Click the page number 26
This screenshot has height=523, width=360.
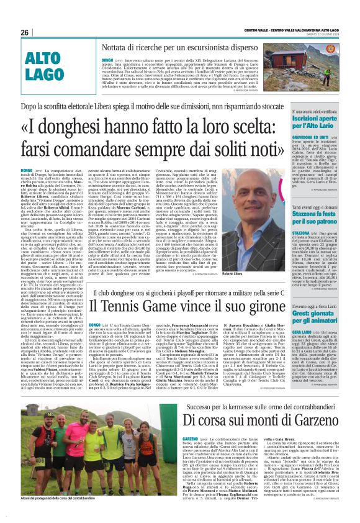(25, 32)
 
